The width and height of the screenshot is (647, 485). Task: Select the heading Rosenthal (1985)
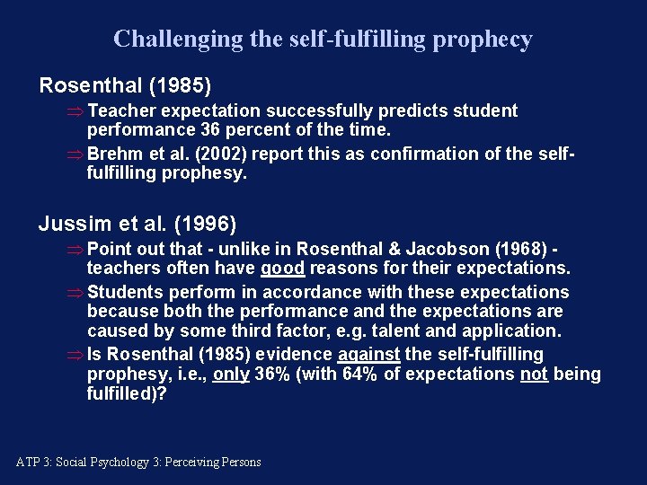[x=125, y=86]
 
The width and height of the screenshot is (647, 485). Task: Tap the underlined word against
[x=368, y=355]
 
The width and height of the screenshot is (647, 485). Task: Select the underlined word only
[x=231, y=375]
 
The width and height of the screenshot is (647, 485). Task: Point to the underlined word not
[x=535, y=375]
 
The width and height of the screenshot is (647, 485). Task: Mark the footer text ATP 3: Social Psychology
[x=138, y=463]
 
